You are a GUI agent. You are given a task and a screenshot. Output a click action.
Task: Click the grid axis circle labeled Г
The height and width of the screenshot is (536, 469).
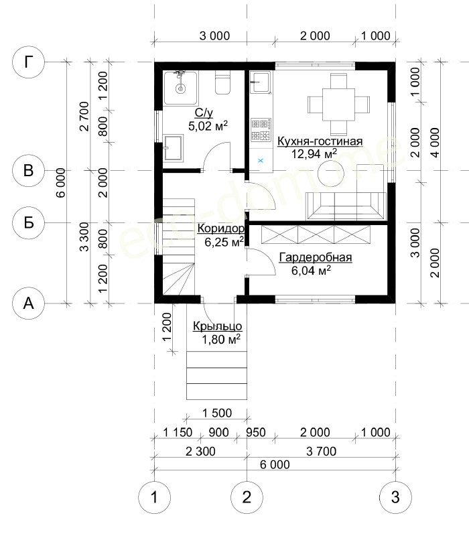[28, 62]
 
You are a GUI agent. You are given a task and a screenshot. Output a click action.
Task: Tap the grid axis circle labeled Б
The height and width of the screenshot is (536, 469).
[28, 222]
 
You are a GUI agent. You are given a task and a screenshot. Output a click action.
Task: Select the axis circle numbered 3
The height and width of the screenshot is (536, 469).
[395, 497]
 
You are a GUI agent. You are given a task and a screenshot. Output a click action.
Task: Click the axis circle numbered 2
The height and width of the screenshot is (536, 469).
[247, 497]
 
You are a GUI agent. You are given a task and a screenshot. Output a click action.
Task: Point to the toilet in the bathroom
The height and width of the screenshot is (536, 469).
[222, 82]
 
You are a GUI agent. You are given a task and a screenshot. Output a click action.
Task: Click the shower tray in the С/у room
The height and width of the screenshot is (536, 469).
[180, 88]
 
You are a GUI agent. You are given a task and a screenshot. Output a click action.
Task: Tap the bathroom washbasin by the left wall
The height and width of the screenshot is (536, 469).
[174, 147]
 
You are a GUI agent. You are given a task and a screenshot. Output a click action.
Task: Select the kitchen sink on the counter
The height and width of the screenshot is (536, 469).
[261, 82]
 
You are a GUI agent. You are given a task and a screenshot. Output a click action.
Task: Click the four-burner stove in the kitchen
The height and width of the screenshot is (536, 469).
[261, 130]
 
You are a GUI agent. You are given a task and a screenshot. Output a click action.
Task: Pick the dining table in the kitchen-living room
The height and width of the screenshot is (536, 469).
[339, 105]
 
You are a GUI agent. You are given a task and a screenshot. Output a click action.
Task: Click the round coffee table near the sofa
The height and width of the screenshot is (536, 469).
[331, 174]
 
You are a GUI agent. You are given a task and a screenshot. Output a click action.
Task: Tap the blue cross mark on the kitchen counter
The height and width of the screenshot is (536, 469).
[261, 160]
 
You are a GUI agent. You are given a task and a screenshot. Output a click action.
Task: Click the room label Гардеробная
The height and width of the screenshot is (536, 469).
[316, 257]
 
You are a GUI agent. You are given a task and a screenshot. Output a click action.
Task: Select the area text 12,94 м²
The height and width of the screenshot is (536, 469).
[314, 154]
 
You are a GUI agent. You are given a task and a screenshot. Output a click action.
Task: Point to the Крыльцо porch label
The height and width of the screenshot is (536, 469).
[217, 326]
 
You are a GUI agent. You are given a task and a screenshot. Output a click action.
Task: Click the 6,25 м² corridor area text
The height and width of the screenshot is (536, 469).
[224, 242]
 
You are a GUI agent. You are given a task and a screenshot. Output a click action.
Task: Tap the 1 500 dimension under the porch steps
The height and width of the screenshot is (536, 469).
[216, 413]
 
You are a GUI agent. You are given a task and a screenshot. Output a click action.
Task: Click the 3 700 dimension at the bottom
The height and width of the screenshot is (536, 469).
[321, 451]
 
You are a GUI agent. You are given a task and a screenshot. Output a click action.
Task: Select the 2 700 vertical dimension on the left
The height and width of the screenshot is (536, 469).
[84, 116]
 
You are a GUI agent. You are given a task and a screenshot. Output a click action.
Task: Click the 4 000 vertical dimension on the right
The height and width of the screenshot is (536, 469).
[435, 142]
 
